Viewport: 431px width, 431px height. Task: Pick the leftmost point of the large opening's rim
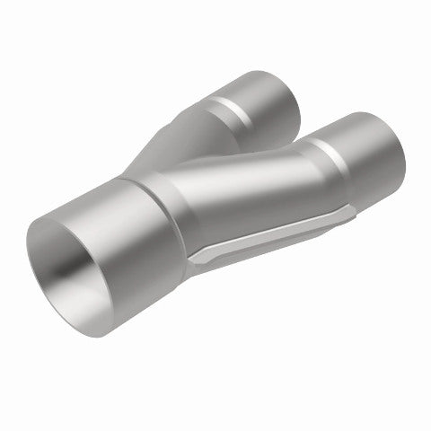(x=27, y=252)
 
